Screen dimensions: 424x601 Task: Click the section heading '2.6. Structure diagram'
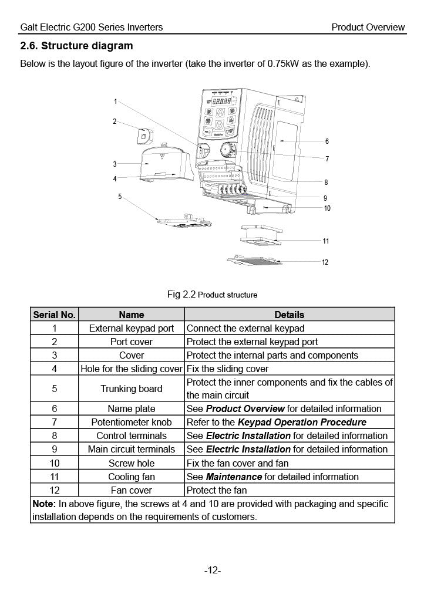(x=76, y=46)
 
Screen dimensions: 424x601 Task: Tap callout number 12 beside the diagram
(x=325, y=262)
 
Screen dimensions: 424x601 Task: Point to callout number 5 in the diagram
(x=120, y=196)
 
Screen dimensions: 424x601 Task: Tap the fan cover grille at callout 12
(x=254, y=260)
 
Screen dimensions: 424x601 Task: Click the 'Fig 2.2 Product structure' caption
(x=212, y=295)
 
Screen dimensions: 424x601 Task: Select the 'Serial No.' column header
(x=54, y=315)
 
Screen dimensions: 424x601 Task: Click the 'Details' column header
(x=290, y=315)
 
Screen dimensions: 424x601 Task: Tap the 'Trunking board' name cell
(x=132, y=389)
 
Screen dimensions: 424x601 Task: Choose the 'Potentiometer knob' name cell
(x=132, y=422)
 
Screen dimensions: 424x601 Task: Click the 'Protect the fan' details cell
(x=217, y=490)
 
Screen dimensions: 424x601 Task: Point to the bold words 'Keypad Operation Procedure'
(x=302, y=423)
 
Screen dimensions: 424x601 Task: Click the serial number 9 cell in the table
(x=55, y=449)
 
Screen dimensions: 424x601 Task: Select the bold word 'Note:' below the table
(x=44, y=504)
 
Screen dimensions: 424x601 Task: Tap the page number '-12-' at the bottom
(x=213, y=570)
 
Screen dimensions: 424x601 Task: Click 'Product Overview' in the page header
(x=368, y=27)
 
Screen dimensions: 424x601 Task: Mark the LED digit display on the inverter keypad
(x=221, y=101)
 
